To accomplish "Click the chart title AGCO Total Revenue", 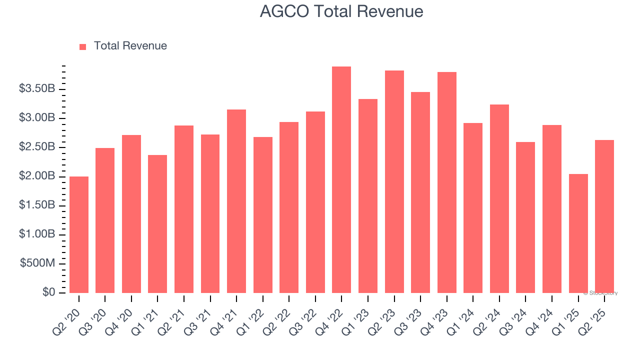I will tap(341, 11).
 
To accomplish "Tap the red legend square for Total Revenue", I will tap(83, 46).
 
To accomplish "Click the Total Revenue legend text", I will tap(130, 46).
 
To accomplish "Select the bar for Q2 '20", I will tap(79, 234).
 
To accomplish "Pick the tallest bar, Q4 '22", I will tap(341, 179).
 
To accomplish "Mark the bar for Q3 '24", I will tap(525, 217).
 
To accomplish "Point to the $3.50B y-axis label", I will tap(37, 89).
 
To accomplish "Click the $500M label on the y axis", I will tap(38, 263).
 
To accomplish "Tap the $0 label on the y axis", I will tap(48, 292).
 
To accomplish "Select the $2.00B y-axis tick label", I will tap(37, 176).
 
